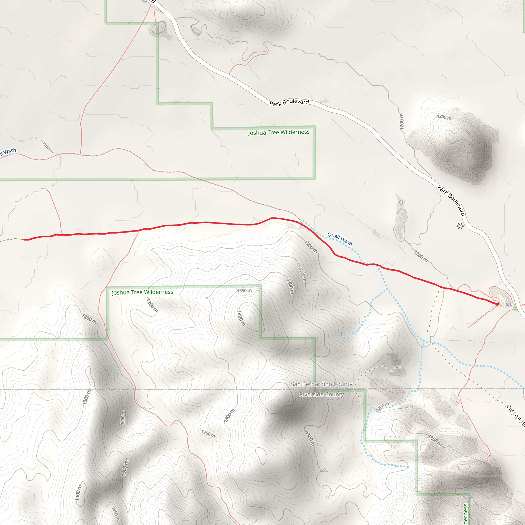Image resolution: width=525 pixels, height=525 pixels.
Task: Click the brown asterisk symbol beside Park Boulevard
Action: pos(460,226)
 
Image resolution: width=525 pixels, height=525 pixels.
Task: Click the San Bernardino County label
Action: pos(321,384)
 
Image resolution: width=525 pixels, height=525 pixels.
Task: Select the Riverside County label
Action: pos(321,394)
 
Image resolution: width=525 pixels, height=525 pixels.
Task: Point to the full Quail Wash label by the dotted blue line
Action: pos(340,239)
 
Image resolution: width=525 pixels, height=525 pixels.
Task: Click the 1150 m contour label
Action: pos(48,147)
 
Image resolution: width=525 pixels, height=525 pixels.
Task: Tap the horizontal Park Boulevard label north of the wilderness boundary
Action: pos(289,103)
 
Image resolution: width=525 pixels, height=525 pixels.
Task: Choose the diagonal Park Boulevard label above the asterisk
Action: pos(451,200)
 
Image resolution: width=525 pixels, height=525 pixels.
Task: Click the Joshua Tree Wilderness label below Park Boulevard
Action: pos(279,132)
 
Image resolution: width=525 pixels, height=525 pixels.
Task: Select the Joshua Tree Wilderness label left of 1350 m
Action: pos(142,292)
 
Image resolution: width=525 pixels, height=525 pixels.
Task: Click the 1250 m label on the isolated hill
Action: pos(444,117)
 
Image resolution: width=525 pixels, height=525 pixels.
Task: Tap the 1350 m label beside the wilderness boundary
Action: pos(244,291)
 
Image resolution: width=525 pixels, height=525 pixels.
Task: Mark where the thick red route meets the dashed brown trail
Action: pos(24,240)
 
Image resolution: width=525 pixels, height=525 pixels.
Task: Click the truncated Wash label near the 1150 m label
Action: pos(8,152)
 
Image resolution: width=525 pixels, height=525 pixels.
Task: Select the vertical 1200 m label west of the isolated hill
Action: pos(402,121)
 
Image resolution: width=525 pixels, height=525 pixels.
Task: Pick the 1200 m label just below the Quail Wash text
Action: pos(311,247)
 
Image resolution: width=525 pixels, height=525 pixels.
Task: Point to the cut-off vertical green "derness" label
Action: pos(466,513)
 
